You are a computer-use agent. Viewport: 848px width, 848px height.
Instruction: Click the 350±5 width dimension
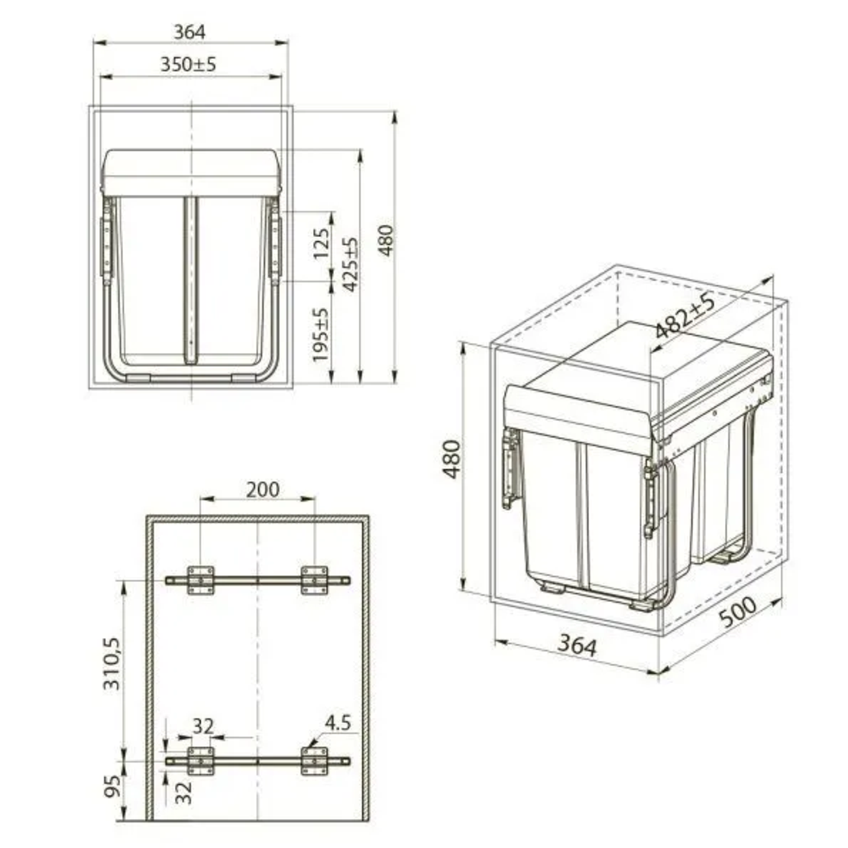pyautogui.click(x=188, y=64)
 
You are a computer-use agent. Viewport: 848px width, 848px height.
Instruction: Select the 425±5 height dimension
pyautogui.click(x=351, y=264)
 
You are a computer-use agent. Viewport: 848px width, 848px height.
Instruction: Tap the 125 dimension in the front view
pyautogui.click(x=321, y=244)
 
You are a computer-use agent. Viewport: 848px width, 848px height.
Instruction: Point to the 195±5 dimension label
pyautogui.click(x=320, y=335)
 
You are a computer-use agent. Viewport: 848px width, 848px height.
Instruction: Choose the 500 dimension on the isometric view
pyautogui.click(x=738, y=611)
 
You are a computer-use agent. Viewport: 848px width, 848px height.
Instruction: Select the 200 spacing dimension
pyautogui.click(x=263, y=490)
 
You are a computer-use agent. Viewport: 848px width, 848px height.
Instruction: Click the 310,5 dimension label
pyautogui.click(x=112, y=664)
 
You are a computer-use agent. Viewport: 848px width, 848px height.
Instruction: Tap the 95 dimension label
pyautogui.click(x=112, y=786)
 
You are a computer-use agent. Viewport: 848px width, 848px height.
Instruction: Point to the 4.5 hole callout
pyautogui.click(x=338, y=723)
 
